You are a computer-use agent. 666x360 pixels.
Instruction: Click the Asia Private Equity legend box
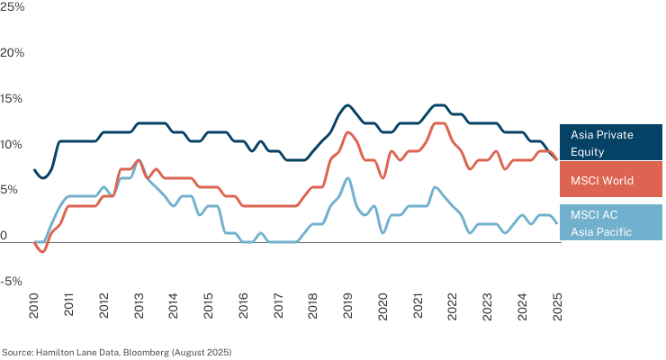(611, 142)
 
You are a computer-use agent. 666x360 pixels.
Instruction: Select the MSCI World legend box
(611, 179)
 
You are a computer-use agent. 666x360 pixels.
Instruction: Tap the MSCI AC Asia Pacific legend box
(611, 222)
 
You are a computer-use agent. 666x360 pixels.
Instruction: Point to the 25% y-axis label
(13, 7)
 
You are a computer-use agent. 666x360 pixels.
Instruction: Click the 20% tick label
(13, 52)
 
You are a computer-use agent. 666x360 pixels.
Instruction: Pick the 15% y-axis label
(12, 98)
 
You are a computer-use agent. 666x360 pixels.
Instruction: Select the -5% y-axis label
(11, 281)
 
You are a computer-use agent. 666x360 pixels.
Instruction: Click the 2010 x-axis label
(33, 305)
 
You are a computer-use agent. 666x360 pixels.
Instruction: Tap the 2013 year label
(139, 305)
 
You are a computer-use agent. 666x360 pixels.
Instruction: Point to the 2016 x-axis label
(243, 305)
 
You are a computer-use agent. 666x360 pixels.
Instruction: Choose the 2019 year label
(348, 305)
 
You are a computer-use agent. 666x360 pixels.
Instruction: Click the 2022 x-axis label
(453, 305)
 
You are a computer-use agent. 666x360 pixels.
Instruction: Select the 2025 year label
(557, 305)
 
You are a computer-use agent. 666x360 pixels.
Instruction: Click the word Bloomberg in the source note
(146, 353)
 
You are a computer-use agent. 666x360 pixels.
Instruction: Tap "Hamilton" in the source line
(51, 353)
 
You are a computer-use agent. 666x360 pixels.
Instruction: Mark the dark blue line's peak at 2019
(348, 105)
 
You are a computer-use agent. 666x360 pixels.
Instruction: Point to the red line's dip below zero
(42, 252)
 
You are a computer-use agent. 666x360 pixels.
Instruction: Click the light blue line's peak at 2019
(348, 178)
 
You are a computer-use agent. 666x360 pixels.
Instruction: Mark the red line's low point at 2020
(382, 178)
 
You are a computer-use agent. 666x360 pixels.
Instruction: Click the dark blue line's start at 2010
(34, 170)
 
